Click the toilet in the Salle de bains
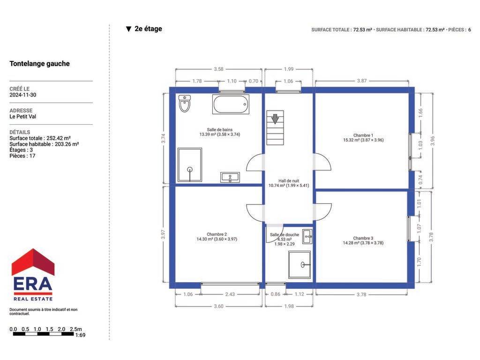[185, 104]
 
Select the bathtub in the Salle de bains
[231, 104]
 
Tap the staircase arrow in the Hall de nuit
[275, 119]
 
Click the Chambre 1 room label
[363, 138]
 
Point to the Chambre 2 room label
[217, 237]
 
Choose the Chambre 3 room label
[363, 240]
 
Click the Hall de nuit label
[289, 183]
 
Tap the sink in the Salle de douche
[307, 237]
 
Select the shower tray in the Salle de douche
[300, 265]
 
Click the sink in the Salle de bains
[230, 177]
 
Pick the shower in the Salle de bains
[190, 165]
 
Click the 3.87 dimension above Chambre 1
[362, 81]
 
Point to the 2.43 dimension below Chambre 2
[230, 294]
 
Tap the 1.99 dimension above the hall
[289, 69]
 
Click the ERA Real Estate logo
[33, 275]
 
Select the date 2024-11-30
[23, 95]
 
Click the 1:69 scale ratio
[80, 335]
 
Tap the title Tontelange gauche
[39, 64]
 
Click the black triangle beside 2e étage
[128, 29]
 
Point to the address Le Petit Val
[22, 117]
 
